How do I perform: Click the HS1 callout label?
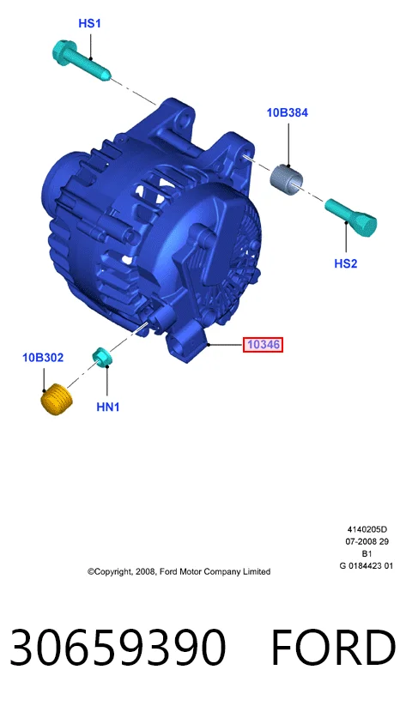89,23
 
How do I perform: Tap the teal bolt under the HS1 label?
80,60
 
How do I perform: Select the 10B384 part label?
288,112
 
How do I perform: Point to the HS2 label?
346,263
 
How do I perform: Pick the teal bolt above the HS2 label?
352,218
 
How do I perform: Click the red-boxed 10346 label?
264,345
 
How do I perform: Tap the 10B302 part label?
43,358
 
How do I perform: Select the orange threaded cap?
57,399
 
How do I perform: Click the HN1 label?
107,407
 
